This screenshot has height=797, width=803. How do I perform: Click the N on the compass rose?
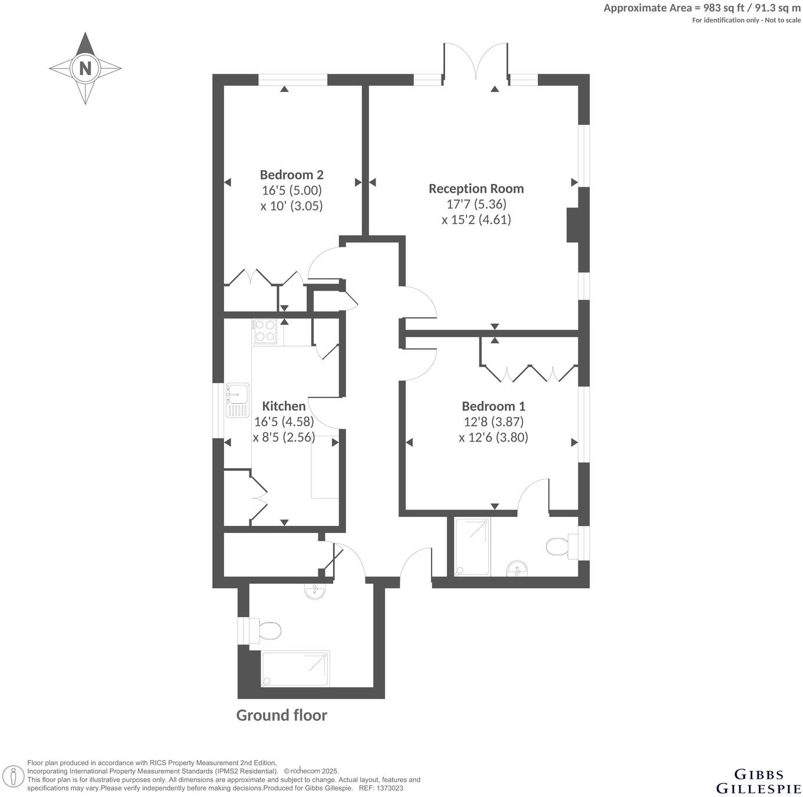coord(85,68)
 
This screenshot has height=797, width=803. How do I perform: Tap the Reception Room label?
coord(476,189)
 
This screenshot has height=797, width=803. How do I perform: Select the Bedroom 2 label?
coord(291,174)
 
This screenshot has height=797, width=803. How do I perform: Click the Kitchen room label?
coord(284,406)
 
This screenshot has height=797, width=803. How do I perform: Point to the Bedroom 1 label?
coord(493,406)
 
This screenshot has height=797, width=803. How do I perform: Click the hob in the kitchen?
coord(264,331)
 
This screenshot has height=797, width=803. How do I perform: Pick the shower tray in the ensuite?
coord(472,547)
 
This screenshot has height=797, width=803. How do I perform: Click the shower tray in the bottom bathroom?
coord(295,669)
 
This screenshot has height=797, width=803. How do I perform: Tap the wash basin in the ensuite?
coord(518,568)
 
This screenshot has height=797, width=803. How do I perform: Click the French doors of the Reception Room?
coord(476,62)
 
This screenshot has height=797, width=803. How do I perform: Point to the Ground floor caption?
coord(281,715)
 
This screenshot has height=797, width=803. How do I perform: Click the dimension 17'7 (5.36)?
coord(476,204)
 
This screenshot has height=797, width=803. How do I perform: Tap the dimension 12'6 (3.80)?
coord(493,437)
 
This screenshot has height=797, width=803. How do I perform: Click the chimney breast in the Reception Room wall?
coord(572,225)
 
